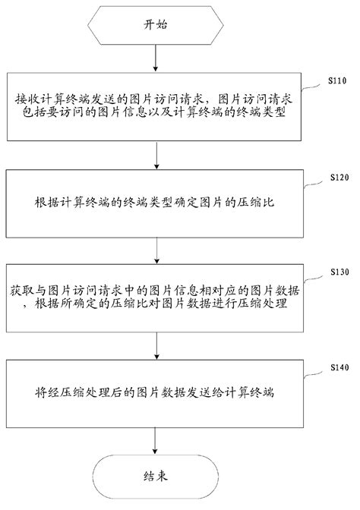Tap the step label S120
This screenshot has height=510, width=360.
tap(338, 176)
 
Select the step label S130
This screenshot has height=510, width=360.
tap(338, 271)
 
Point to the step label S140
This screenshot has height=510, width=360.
tap(338, 367)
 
